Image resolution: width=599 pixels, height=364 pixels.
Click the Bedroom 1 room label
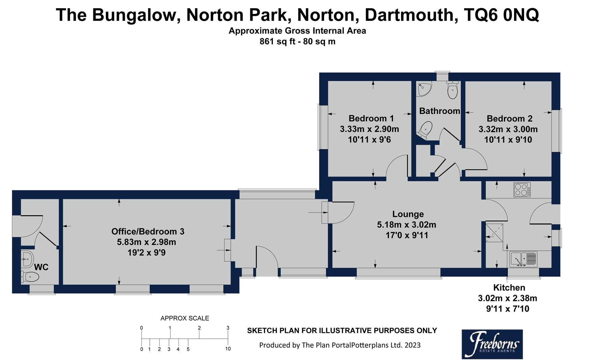[x=371, y=118]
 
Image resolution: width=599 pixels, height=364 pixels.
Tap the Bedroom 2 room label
[x=509, y=119]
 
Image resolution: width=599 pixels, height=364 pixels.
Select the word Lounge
[x=408, y=214]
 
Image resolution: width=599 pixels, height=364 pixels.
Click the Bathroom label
[x=439, y=111]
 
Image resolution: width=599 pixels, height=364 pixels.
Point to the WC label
[x=41, y=267]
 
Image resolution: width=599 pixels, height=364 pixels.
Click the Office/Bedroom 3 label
[x=148, y=232]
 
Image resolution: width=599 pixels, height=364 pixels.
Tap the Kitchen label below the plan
[x=509, y=287]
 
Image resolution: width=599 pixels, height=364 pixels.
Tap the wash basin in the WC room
[x=27, y=259]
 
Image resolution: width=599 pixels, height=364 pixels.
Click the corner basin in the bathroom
[x=422, y=89]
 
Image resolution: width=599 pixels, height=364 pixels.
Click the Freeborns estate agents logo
[x=492, y=344]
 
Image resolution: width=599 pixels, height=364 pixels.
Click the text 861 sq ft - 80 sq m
[x=297, y=42]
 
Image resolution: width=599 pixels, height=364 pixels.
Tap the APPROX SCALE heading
[x=184, y=318]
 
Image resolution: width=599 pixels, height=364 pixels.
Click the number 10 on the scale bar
[x=228, y=349]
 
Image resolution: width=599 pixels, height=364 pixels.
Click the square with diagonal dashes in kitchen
[x=494, y=232]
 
